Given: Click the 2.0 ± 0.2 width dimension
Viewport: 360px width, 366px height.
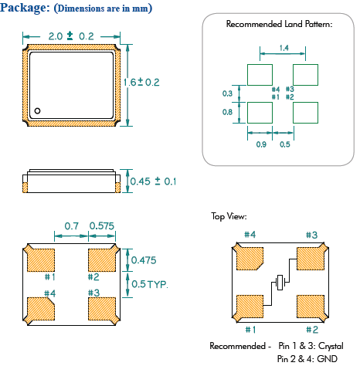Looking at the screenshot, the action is pyautogui.click(x=71, y=36).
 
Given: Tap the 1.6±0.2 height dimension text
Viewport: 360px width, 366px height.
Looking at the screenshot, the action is pyautogui.click(x=141, y=83).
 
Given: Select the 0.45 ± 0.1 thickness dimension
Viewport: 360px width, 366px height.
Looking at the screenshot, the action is pyautogui.click(x=153, y=181).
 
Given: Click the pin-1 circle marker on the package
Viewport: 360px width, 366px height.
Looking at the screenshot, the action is pyautogui.click(x=37, y=111).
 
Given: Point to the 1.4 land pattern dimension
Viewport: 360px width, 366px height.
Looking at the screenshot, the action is pyautogui.click(x=284, y=48).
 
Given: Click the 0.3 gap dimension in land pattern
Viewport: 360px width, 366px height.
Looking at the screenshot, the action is pyautogui.click(x=227, y=93).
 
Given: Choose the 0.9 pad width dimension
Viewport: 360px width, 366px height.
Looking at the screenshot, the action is pyautogui.click(x=261, y=144).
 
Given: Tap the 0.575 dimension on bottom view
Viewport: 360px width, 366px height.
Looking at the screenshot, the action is pyautogui.click(x=102, y=226).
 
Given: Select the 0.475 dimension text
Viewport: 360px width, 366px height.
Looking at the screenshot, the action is pyautogui.click(x=144, y=260).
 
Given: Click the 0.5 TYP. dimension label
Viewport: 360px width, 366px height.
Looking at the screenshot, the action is pyautogui.click(x=150, y=284).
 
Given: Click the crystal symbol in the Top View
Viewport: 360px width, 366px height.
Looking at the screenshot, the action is pyautogui.click(x=280, y=283).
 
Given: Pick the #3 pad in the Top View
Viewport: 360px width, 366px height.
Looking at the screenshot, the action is pyautogui.click(x=311, y=259).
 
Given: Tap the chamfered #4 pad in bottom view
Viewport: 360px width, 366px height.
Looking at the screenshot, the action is pyautogui.click(x=41, y=309).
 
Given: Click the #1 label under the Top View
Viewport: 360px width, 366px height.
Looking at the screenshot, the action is pyautogui.click(x=250, y=330).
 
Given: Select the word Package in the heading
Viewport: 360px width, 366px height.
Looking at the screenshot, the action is pyautogui.click(x=25, y=8).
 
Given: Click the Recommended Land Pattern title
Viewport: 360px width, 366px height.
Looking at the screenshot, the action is pyautogui.click(x=279, y=24).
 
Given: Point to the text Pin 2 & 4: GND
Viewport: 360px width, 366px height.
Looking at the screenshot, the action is pyautogui.click(x=307, y=358).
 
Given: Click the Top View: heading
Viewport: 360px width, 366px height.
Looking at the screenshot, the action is pyautogui.click(x=229, y=216).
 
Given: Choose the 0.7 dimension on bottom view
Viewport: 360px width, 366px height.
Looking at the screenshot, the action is pyautogui.click(x=71, y=226).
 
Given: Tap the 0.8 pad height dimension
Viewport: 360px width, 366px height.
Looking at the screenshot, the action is pyautogui.click(x=227, y=112).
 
